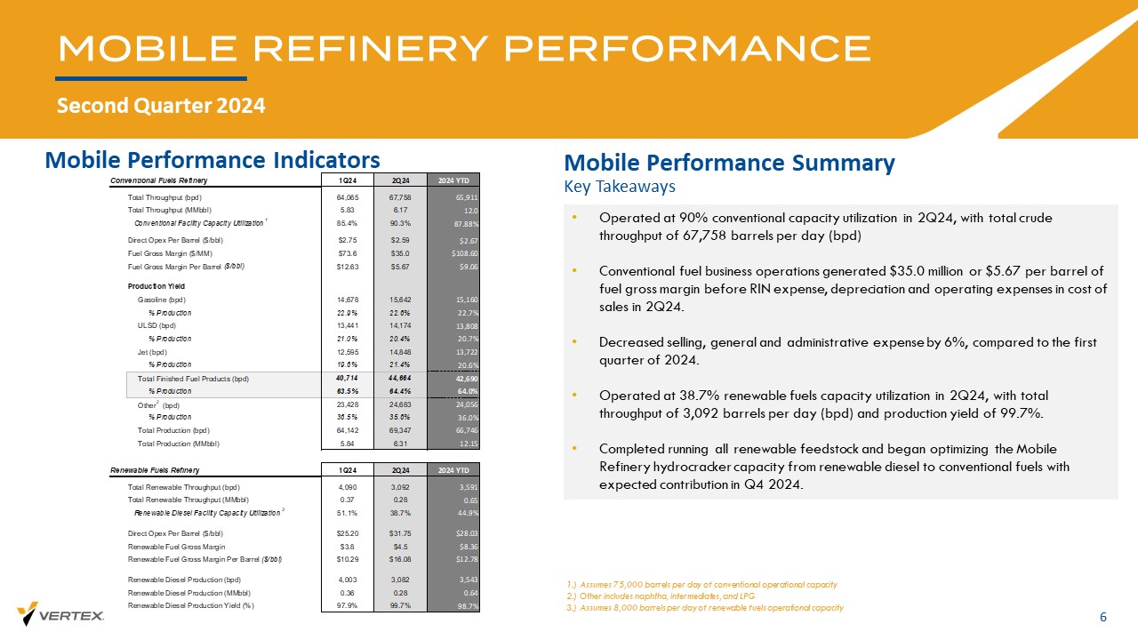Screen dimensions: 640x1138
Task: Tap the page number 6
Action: click(1103, 618)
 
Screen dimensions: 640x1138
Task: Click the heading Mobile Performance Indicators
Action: click(212, 159)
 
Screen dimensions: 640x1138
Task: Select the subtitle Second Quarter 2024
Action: click(161, 106)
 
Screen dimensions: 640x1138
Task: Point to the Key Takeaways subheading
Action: click(620, 187)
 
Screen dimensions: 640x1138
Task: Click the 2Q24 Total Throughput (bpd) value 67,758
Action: click(396, 196)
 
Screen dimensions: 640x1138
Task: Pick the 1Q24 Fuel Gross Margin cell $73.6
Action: click(347, 253)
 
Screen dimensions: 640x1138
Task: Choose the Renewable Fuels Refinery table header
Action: click(155, 470)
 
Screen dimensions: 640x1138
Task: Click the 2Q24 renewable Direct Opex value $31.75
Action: click(395, 533)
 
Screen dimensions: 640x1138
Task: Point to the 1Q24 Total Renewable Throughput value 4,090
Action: click(347, 487)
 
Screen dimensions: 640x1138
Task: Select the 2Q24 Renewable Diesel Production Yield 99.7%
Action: click(396, 606)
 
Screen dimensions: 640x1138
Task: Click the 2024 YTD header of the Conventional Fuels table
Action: click(453, 181)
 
